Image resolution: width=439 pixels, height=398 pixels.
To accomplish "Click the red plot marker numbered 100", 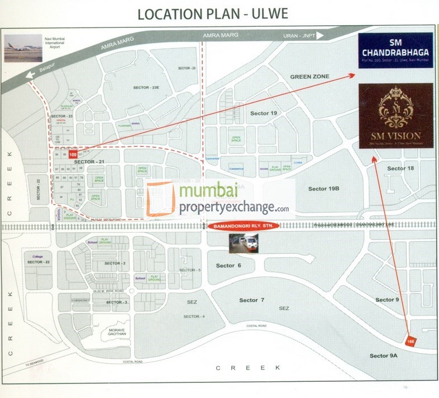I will pos(72,155).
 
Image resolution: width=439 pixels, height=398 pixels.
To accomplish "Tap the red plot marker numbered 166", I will pos(412,341).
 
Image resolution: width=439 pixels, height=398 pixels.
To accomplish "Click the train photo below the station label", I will pos(245,243).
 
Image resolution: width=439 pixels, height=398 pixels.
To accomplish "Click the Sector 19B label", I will pos(324,189).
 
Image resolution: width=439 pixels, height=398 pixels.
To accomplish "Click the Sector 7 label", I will pos(252,300).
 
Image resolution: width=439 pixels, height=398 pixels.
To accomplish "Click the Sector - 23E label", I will pos(146,88).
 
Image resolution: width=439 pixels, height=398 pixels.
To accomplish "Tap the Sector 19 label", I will pos(264,113).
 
